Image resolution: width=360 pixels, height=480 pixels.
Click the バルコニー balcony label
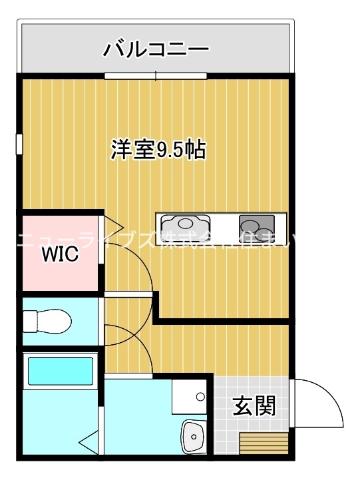tap(156, 49)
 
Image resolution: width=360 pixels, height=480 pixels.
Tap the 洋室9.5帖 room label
tap(158, 150)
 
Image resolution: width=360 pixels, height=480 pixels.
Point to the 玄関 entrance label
tap(254, 405)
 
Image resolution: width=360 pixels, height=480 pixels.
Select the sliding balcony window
tap(156, 76)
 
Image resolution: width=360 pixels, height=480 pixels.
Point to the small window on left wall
tap(19, 144)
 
